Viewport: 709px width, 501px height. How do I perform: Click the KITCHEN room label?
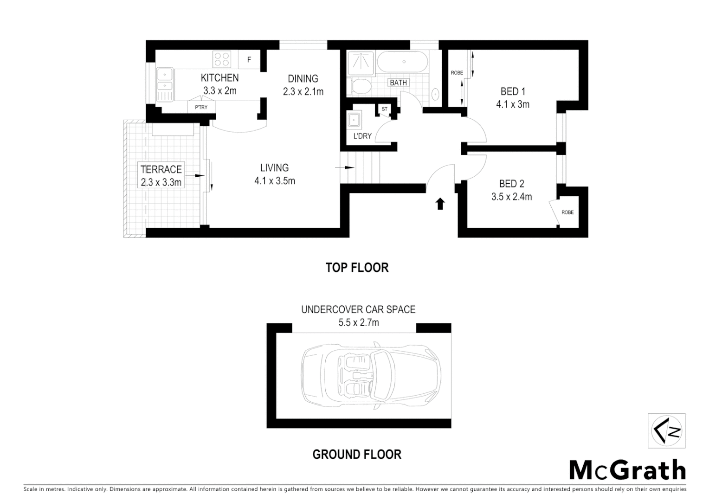(x=219, y=78)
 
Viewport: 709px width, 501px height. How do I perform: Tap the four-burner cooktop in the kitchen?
(x=221, y=59)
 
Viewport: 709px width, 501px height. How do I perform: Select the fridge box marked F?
(x=249, y=60)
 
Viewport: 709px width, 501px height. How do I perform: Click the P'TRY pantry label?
(x=201, y=108)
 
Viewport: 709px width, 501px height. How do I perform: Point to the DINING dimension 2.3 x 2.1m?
(x=303, y=92)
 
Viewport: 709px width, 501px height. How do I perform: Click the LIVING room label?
(x=274, y=168)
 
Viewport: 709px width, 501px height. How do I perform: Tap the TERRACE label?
(x=161, y=169)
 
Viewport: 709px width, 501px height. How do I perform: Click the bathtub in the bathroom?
(x=402, y=62)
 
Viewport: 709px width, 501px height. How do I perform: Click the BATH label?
(x=398, y=83)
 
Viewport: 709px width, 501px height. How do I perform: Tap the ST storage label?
(x=384, y=109)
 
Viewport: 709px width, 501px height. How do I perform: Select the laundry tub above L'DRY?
(x=356, y=120)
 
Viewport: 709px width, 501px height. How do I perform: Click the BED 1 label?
(x=513, y=91)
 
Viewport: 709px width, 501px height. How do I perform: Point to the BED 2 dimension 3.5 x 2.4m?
(x=511, y=197)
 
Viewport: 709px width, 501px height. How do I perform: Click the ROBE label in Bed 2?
(x=567, y=212)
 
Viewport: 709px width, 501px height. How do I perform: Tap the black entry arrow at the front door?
(x=440, y=204)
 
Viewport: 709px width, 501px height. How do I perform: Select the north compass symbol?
(x=666, y=431)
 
